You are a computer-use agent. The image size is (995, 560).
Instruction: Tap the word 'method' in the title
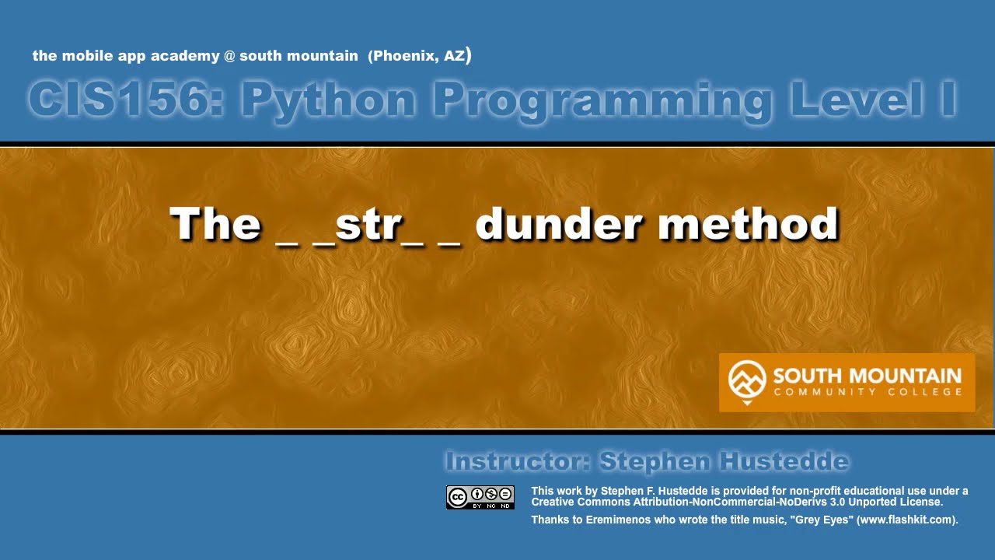[748, 224]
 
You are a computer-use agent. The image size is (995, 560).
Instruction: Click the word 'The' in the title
[215, 224]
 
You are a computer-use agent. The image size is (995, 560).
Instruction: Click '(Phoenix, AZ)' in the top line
[420, 56]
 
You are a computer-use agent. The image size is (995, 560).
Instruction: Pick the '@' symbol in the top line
[229, 57]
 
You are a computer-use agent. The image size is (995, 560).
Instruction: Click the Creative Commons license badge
[480, 497]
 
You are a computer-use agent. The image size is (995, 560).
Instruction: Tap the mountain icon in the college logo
[747, 381]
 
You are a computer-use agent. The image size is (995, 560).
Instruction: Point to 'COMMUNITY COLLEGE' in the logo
[868, 392]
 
